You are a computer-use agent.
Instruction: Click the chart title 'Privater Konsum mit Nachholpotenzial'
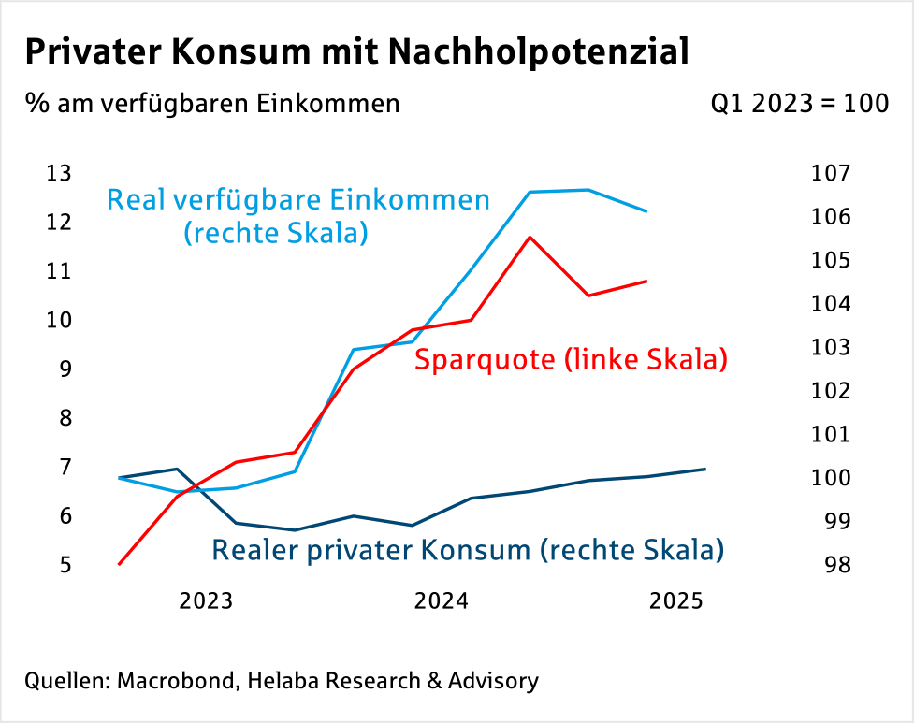tap(356, 51)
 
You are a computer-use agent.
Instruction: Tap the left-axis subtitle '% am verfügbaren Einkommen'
tap(212, 103)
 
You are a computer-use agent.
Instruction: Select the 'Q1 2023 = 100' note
tap(799, 103)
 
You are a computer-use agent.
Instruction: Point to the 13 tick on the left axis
tap(58, 173)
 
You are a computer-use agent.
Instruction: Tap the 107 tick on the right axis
tap(832, 173)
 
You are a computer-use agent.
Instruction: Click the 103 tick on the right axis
tap(832, 347)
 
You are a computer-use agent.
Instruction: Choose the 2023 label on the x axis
tap(206, 600)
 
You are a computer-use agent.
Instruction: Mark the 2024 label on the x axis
tap(441, 600)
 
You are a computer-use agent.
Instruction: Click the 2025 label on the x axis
tap(675, 600)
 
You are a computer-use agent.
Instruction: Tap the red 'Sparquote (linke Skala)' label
tap(571, 359)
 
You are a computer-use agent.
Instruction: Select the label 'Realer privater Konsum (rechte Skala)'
tap(468, 550)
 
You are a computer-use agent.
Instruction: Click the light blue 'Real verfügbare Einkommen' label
tap(298, 200)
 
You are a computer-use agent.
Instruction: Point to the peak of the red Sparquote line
tap(530, 237)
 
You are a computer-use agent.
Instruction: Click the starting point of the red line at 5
tap(120, 564)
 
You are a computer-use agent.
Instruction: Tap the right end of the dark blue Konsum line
tap(705, 469)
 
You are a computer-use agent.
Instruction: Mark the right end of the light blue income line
tap(646, 211)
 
